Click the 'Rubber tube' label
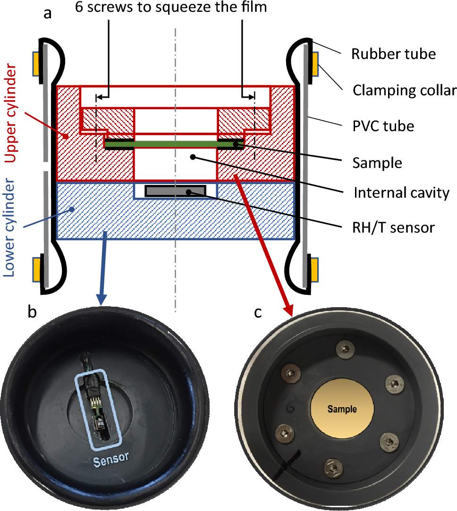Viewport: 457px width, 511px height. pyautogui.click(x=393, y=54)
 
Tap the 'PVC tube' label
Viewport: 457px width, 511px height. pyautogui.click(x=383, y=126)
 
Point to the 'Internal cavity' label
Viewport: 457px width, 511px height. pyautogui.click(x=401, y=193)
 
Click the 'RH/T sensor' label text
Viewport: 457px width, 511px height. pyautogui.click(x=393, y=227)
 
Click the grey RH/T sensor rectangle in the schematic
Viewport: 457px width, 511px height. pyautogui.click(x=175, y=191)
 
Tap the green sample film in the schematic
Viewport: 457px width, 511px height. pyautogui.click(x=175, y=142)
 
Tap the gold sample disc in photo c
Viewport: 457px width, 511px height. pyautogui.click(x=342, y=409)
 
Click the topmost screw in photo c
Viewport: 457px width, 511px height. pyautogui.click(x=344, y=349)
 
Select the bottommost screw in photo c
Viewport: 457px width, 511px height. pyautogui.click(x=331, y=469)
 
